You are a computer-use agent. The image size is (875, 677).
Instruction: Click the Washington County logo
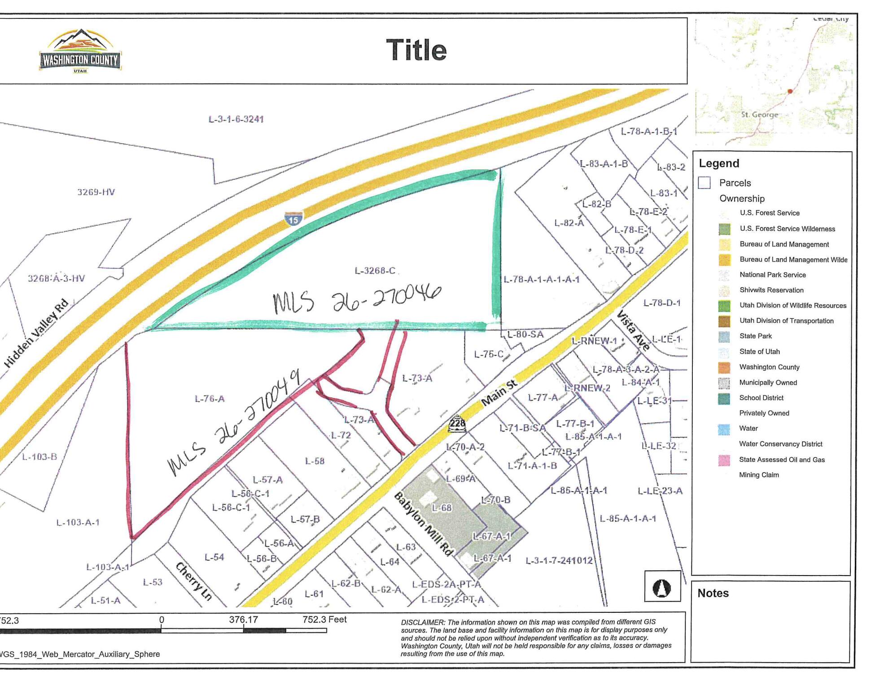click(x=80, y=51)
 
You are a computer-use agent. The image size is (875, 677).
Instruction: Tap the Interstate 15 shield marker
click(x=293, y=219)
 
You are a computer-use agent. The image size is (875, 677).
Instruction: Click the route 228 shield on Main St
click(x=457, y=423)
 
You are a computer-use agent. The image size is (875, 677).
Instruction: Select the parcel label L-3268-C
click(x=375, y=271)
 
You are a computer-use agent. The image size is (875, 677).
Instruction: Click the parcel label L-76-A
click(x=210, y=399)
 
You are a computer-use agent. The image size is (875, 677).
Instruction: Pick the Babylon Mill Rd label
click(x=424, y=523)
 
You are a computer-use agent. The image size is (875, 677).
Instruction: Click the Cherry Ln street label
click(x=194, y=581)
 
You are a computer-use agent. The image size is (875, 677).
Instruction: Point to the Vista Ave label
click(x=634, y=330)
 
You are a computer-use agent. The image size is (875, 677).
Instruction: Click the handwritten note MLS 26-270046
click(x=357, y=299)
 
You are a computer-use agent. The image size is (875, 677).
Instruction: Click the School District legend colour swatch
click(x=724, y=398)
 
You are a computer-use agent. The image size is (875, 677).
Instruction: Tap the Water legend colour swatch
click(x=724, y=429)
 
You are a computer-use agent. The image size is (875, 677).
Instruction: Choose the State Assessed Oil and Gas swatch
click(x=724, y=460)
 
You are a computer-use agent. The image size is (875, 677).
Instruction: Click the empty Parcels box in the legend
click(x=704, y=183)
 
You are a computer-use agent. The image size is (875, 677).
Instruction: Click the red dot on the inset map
click(x=790, y=91)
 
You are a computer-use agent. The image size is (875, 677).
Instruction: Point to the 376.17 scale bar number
click(x=243, y=620)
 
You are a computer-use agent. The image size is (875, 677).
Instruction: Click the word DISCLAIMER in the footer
click(x=423, y=623)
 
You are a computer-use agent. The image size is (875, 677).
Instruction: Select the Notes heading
click(x=713, y=593)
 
